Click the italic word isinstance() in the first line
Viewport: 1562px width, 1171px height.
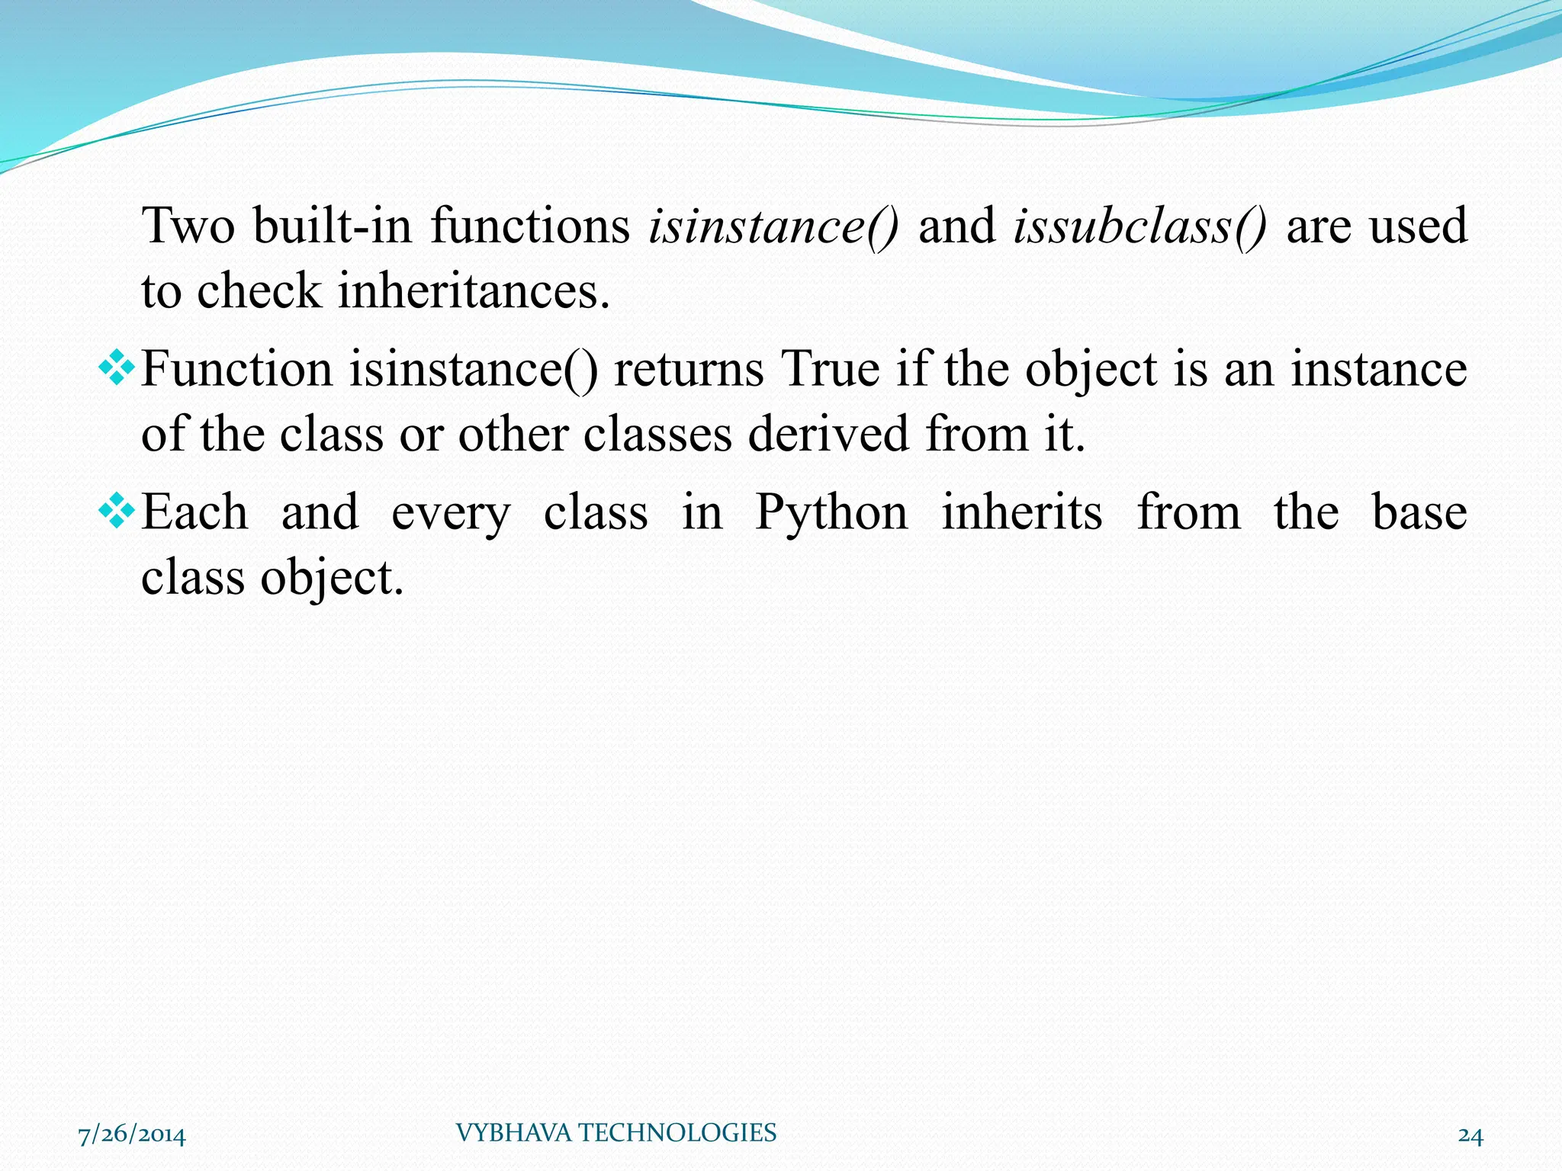tap(773, 226)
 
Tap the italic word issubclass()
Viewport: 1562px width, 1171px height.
tap(1139, 226)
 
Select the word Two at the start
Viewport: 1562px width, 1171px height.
tap(188, 226)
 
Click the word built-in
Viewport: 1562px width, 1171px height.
tap(333, 226)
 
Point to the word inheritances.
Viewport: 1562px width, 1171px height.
tap(474, 292)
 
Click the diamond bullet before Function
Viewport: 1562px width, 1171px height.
tap(117, 370)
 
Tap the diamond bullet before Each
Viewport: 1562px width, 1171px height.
tap(117, 512)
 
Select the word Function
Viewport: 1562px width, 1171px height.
tap(236, 370)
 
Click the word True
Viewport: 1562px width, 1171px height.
tap(830, 370)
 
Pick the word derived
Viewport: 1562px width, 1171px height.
tap(828, 435)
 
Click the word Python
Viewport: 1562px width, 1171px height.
tap(831, 513)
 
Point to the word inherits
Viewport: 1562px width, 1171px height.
tap(1022, 512)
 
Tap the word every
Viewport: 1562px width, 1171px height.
tap(451, 513)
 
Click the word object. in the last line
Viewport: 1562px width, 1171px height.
tap(332, 578)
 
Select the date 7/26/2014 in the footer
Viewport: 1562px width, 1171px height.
tap(132, 1135)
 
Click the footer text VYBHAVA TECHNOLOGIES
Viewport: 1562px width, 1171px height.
tap(615, 1133)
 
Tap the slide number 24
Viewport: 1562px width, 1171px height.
tap(1470, 1136)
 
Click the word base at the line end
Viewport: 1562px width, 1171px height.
tap(1419, 512)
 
